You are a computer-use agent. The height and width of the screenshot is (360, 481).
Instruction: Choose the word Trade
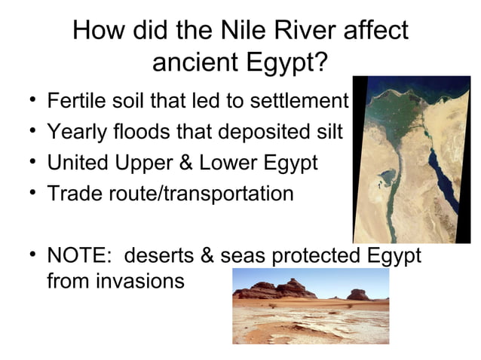(x=74, y=194)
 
